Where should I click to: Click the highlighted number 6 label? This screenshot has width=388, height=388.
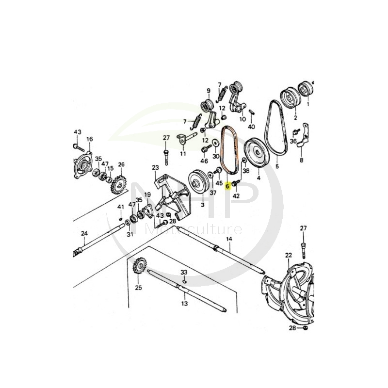(227, 186)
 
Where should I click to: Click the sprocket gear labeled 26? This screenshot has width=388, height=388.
(120, 185)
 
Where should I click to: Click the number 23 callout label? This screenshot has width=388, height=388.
(155, 168)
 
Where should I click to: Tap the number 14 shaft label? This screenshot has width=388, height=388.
(229, 239)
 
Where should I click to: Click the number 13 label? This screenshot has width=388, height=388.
(185, 304)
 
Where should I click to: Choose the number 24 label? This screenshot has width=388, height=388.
(84, 233)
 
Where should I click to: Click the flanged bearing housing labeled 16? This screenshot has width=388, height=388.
(83, 164)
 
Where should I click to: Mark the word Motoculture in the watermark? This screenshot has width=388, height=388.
(194, 229)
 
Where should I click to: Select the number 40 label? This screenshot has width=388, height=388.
(251, 127)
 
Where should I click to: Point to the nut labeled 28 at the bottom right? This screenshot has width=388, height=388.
(306, 328)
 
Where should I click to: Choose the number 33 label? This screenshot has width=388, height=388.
(184, 273)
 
